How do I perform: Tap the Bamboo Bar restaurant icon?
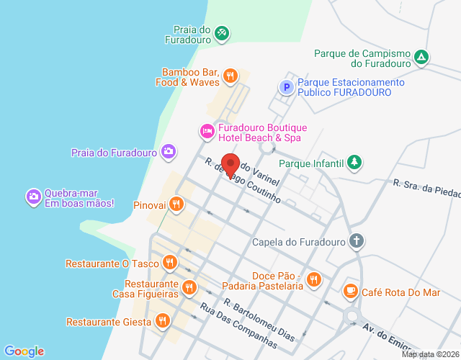coord(230,75)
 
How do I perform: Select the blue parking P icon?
coord(286,88)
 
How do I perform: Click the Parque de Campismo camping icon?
coord(422,57)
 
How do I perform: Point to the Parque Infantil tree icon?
coord(354,163)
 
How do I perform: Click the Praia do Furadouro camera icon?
coord(168,151)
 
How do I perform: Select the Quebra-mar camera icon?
coord(33,196)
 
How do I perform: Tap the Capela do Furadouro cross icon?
coord(356,241)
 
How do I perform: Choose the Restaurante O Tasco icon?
coord(169,263)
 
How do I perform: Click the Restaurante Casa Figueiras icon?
coord(189,288)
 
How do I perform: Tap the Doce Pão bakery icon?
coord(313,279)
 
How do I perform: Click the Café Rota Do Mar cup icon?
coord(351,292)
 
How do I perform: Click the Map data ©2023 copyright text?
coord(430,354)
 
